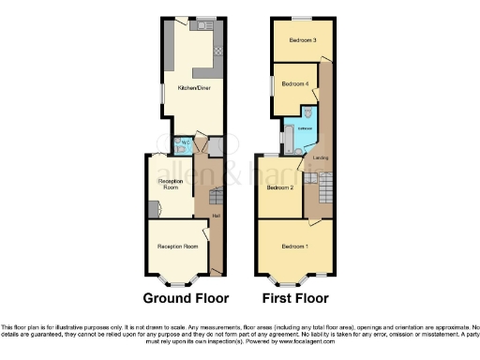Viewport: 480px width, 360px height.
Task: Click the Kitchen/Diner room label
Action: pos(181,90)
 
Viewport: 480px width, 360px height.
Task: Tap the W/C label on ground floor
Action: pos(186,142)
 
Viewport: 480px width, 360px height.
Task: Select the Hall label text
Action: pos(216,216)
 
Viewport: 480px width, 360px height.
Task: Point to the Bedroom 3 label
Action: pos(301,40)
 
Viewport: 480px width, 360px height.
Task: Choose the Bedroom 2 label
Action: pos(279,188)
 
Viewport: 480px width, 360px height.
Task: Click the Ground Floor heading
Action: pos(186,299)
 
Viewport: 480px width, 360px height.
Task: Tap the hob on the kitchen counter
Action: pos(216,50)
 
